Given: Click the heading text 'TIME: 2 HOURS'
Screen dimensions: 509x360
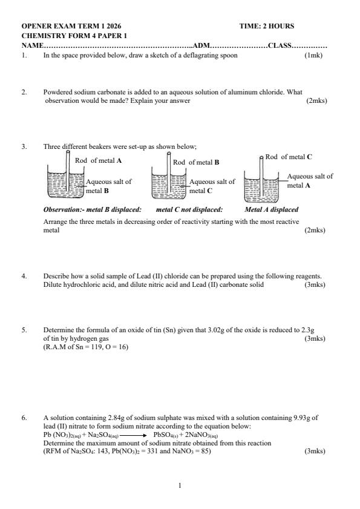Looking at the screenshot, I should pyautogui.click(x=266, y=27).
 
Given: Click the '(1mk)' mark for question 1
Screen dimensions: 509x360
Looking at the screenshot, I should pyautogui.click(x=314, y=55).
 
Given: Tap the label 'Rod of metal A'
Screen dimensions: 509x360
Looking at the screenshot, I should pyautogui.click(x=99, y=160).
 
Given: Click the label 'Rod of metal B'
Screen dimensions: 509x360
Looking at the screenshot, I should pyautogui.click(x=196, y=162).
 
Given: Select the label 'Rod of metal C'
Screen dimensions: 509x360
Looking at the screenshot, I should pyautogui.click(x=289, y=157).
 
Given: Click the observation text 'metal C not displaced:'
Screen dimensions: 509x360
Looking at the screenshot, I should pyautogui.click(x=189, y=210).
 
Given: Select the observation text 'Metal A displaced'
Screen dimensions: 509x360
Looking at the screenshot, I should pyautogui.click(x=271, y=210).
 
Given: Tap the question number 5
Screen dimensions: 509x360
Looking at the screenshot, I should pyautogui.click(x=24, y=330).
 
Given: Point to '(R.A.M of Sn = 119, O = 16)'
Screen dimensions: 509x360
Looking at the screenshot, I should pyautogui.click(x=85, y=347).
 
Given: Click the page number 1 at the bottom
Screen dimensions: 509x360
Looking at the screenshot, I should pyautogui.click(x=180, y=485).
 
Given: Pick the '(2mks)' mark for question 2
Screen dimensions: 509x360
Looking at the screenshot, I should pyautogui.click(x=316, y=100).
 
